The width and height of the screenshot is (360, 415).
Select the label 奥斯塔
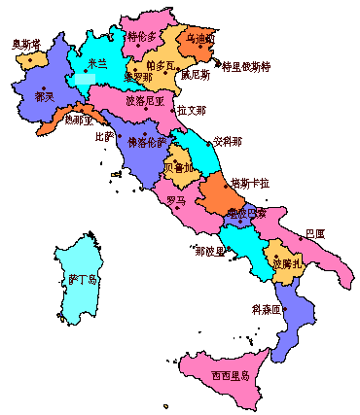coord(26,44)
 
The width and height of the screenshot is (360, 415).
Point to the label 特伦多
coord(142,37)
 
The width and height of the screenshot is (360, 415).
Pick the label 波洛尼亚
coord(145,99)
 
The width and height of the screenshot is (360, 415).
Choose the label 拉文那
coord(191,110)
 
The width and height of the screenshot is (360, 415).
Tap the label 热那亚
coord(81,121)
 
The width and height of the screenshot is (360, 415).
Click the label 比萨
coord(104,136)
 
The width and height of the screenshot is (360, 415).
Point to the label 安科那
coord(228,141)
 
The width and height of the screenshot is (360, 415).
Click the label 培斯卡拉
coord(250,183)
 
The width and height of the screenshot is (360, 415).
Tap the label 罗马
coord(176,201)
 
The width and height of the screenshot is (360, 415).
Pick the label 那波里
coord(209,250)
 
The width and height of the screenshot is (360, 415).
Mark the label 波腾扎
coord(289,263)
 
